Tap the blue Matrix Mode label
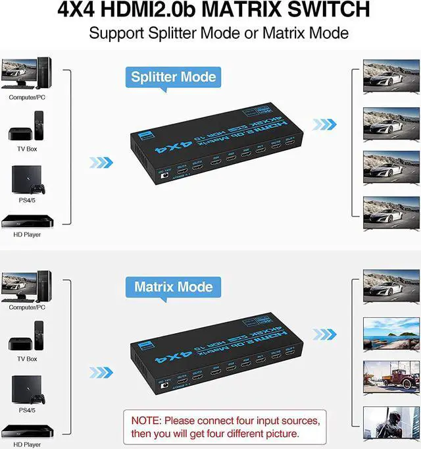[x=173, y=287]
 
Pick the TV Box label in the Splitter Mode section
[x=27, y=148]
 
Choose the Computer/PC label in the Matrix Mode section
[x=27, y=307]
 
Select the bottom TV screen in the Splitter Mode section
[x=391, y=213]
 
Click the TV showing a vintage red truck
[x=391, y=376]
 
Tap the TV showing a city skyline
[x=391, y=332]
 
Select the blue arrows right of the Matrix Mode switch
[x=324, y=334]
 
